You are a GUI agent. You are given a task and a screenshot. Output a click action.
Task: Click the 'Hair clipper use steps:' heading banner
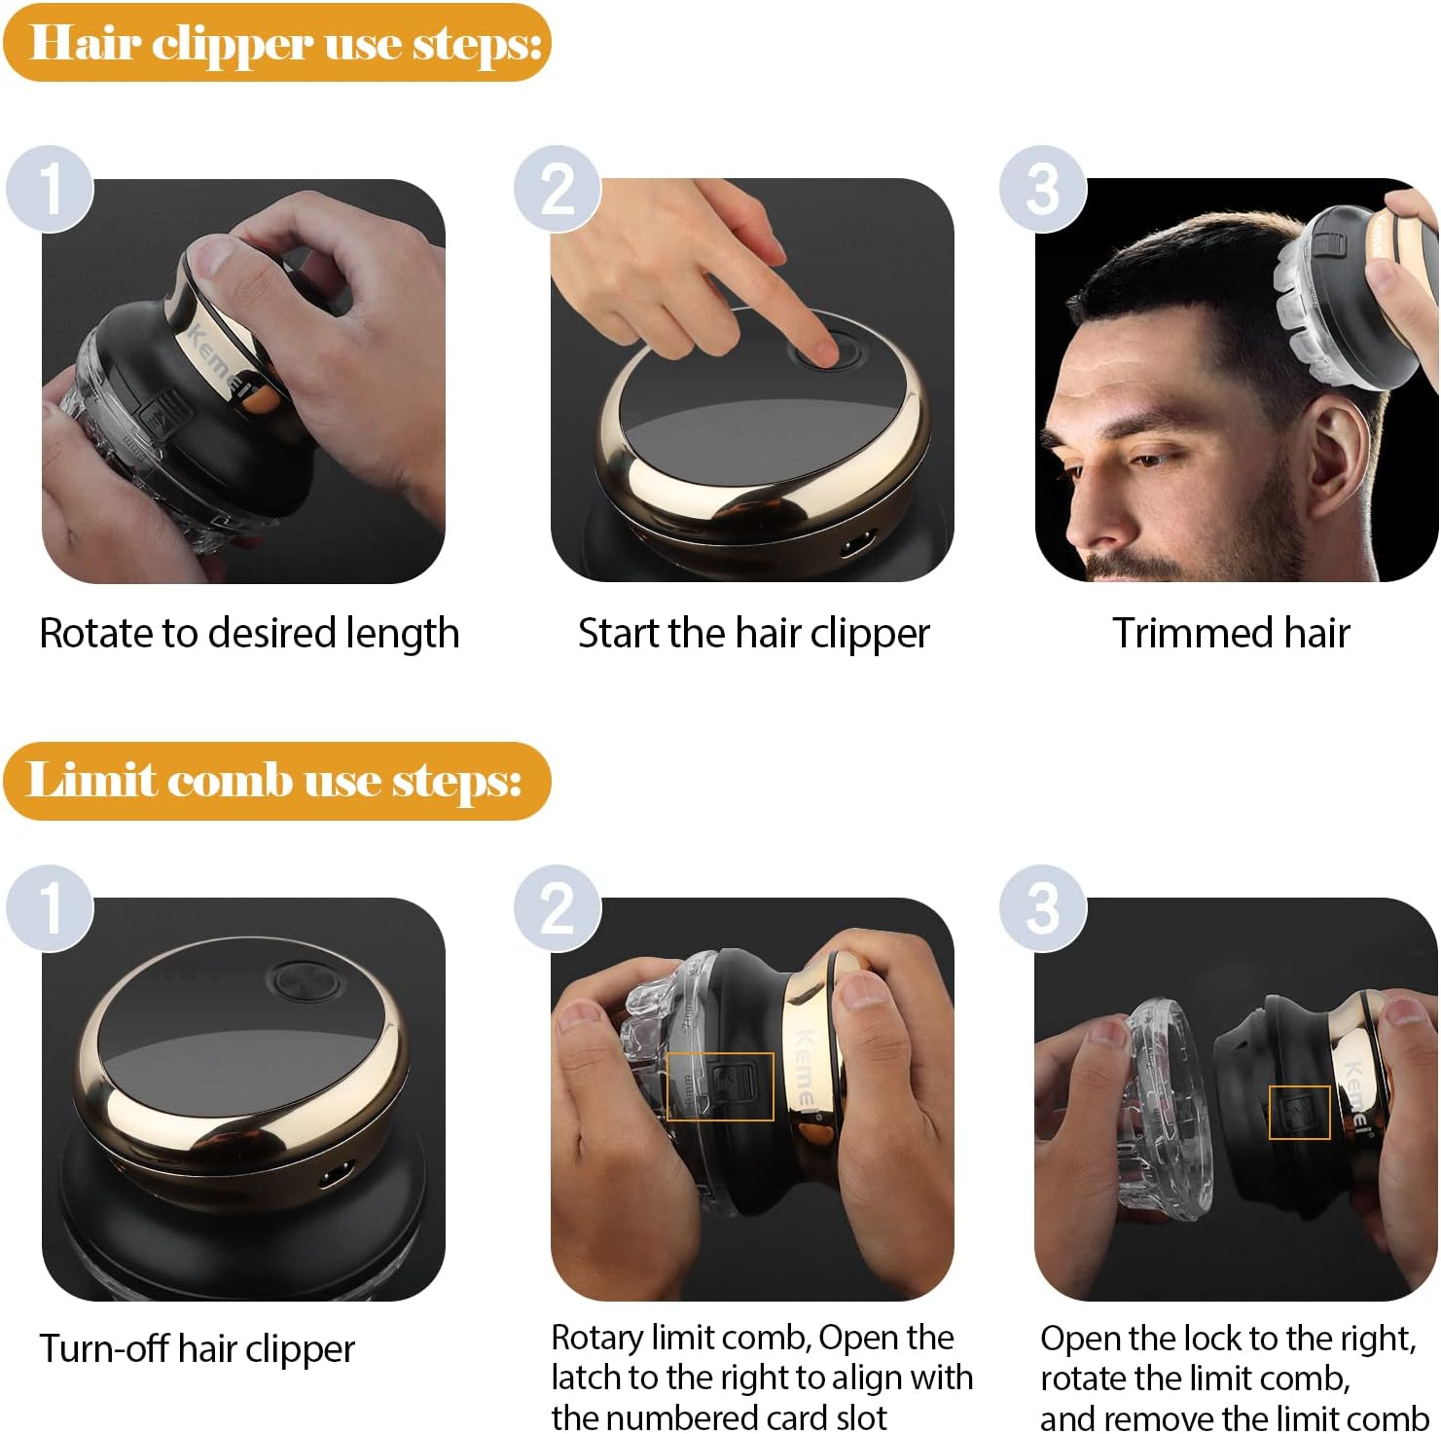(x=277, y=43)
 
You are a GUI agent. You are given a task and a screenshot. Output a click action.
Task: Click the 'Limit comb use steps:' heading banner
(x=276, y=781)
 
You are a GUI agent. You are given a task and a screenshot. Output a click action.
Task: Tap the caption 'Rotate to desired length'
(x=249, y=633)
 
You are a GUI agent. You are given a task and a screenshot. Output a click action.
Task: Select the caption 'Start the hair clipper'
(x=753, y=633)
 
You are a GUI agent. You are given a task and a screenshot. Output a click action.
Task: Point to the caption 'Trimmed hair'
(x=1231, y=633)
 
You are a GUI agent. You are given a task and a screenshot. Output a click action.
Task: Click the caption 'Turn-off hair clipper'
(x=197, y=1349)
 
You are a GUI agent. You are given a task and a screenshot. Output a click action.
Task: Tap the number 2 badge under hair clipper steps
(x=558, y=189)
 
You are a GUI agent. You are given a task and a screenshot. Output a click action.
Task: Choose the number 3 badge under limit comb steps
(x=1042, y=907)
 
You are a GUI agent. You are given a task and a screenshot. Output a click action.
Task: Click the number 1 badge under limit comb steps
(x=50, y=907)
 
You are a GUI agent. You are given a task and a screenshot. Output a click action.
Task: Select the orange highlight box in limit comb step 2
(x=719, y=1085)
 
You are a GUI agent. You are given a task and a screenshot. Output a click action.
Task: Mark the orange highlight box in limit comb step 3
(x=1299, y=1112)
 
